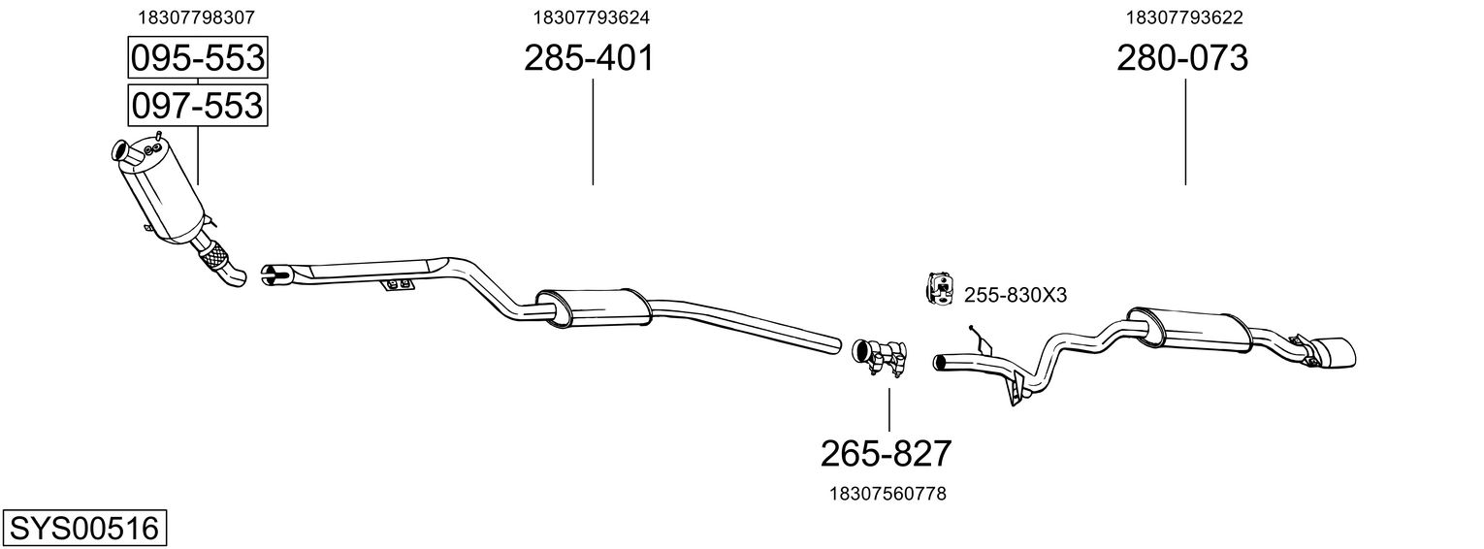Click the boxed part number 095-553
(198, 57)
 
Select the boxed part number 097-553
(198, 106)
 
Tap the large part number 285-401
(589, 58)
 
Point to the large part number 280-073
(1182, 58)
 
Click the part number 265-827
(887, 454)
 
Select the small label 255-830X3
(1016, 296)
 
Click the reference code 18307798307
(196, 17)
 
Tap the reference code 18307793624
(592, 17)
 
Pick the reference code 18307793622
(1184, 17)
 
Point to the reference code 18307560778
(887, 494)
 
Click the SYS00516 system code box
(84, 529)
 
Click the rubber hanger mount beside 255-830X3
(940, 289)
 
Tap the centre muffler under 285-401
(594, 307)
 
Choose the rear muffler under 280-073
(1189, 331)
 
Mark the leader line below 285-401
(593, 132)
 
